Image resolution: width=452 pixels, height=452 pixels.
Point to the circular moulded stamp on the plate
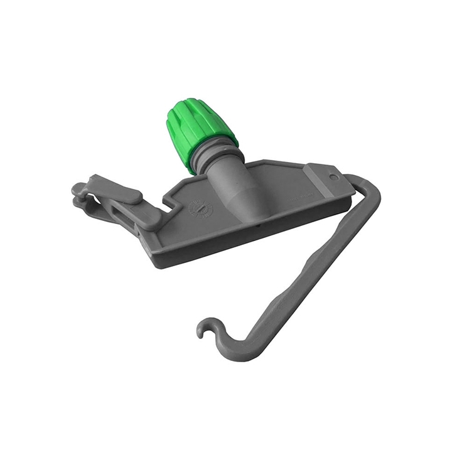tap(201, 208)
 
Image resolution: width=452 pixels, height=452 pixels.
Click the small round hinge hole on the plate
tap(334, 178)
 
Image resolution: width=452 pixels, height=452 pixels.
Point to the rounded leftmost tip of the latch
tap(77, 188)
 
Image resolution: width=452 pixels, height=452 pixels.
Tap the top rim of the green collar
tap(186, 104)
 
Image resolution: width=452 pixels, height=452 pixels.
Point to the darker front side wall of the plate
tap(251, 235)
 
